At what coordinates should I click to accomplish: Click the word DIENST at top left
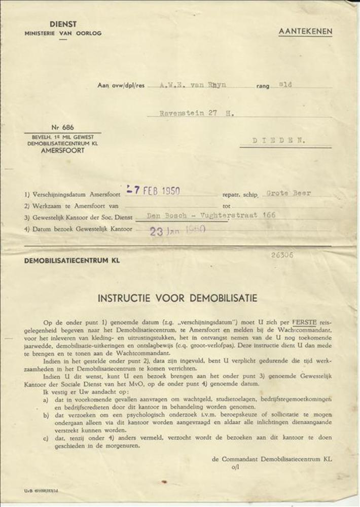tap(63, 24)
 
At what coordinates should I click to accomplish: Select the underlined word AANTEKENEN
tap(305, 31)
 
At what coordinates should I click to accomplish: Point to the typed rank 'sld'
tap(285, 85)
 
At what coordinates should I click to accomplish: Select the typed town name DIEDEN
tap(279, 141)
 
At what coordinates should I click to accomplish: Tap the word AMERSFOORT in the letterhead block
tap(63, 151)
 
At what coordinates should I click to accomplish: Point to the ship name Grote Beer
tap(289, 193)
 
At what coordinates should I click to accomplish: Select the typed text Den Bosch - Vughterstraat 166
tap(211, 215)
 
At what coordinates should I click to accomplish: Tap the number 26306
tap(282, 255)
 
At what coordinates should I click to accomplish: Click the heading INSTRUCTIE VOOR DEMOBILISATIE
tap(177, 298)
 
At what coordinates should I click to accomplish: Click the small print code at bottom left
tap(41, 491)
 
